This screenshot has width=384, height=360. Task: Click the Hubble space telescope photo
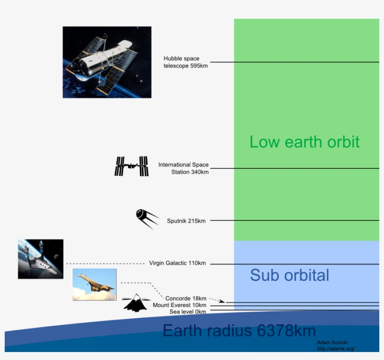pyautogui.click(x=107, y=62)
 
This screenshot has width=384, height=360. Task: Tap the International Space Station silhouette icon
pyautogui.click(x=132, y=166)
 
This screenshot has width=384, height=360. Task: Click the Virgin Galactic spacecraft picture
pyautogui.click(x=40, y=259)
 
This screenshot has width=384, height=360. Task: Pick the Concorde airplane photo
pyautogui.click(x=95, y=285)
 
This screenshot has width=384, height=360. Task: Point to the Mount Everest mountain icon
pyautogui.click(x=136, y=303)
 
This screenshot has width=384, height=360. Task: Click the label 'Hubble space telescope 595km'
pyautogui.click(x=185, y=62)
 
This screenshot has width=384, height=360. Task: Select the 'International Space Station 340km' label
pyautogui.click(x=184, y=168)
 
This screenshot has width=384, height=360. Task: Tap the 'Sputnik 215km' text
pyautogui.click(x=186, y=221)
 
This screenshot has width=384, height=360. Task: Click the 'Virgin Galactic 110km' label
pyautogui.click(x=177, y=263)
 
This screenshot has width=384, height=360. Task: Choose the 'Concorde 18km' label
pyautogui.click(x=185, y=299)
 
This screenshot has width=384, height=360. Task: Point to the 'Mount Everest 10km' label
pyautogui.click(x=179, y=305)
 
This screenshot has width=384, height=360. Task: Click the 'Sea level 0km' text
pyautogui.click(x=188, y=312)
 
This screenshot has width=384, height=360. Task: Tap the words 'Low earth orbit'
pyautogui.click(x=304, y=142)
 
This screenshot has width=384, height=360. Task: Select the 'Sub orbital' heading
pyautogui.click(x=289, y=275)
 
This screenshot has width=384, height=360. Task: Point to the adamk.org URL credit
pyautogui.click(x=336, y=348)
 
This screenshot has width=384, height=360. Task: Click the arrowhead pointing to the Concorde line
pyautogui.click(x=222, y=301)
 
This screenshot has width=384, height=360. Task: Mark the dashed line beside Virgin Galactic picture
pyautogui.click(x=105, y=263)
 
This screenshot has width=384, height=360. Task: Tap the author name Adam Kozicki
pyautogui.click(x=333, y=343)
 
